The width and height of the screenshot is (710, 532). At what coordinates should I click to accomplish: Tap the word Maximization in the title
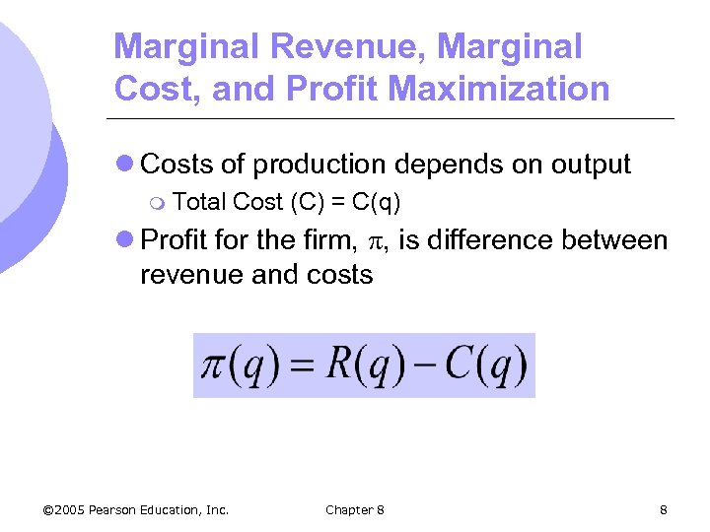pos(499,90)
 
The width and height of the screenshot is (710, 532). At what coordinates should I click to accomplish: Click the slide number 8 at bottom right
pos(664,509)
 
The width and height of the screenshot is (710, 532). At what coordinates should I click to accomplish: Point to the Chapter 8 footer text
pos(354,509)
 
